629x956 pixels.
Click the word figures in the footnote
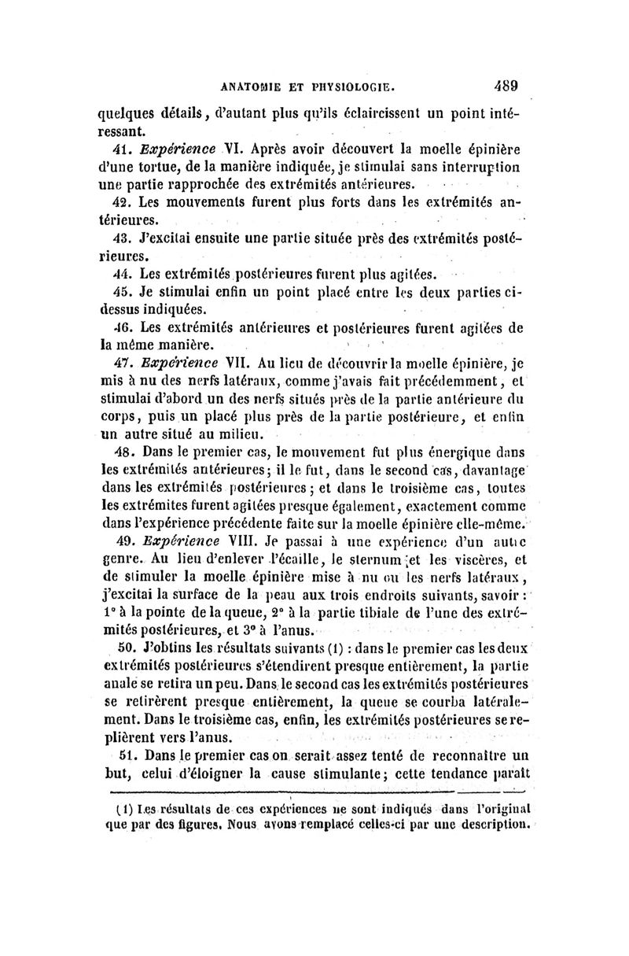tap(184, 825)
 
